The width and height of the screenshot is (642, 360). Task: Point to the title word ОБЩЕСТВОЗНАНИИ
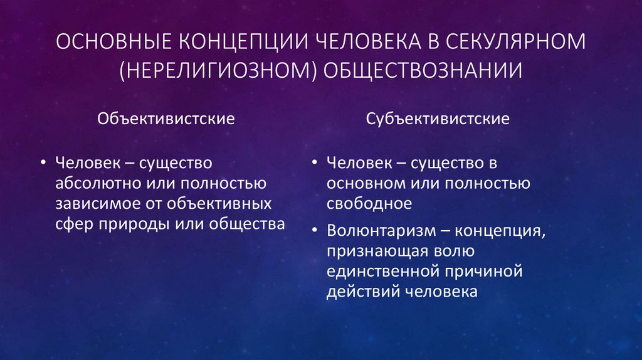click(x=423, y=70)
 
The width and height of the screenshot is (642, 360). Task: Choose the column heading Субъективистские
click(x=438, y=118)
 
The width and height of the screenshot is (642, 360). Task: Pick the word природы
click(x=127, y=224)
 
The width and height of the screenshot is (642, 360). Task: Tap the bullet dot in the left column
click(x=43, y=163)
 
